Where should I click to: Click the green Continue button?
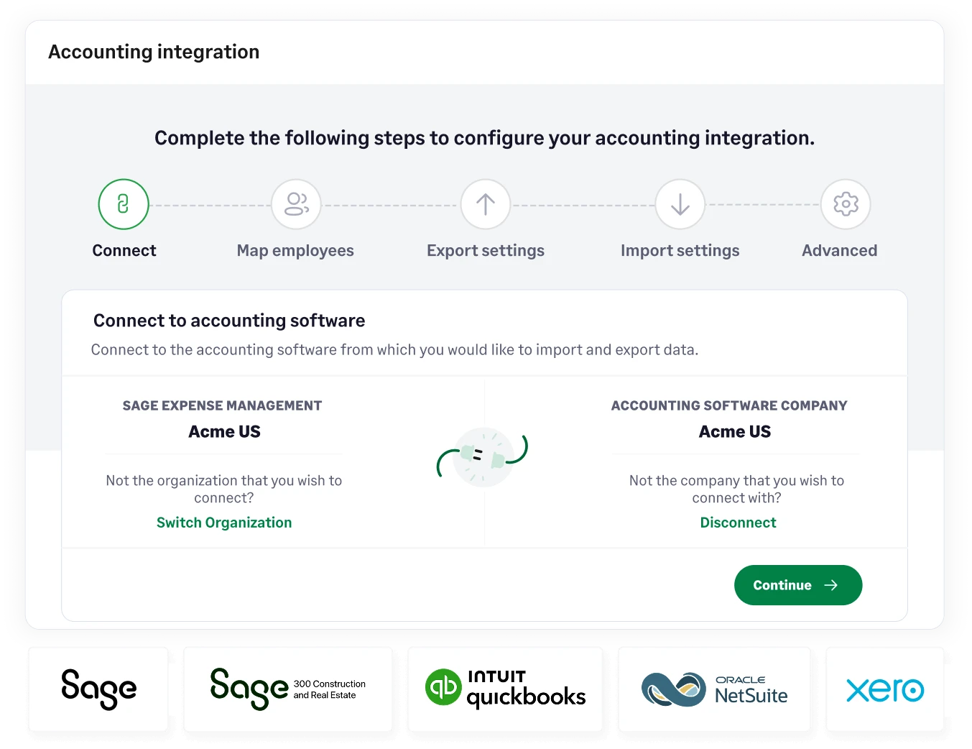[x=797, y=585]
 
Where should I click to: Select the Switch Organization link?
[x=224, y=523]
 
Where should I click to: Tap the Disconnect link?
[x=738, y=523]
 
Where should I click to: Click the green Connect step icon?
[x=124, y=204]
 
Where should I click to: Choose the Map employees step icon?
[x=296, y=204]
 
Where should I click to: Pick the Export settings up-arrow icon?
[x=486, y=204]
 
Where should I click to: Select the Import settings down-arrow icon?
[x=680, y=204]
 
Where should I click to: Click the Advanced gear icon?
[x=846, y=204]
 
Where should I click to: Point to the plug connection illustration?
[x=483, y=456]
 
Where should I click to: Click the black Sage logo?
[x=98, y=689]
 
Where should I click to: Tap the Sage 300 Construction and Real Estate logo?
[x=288, y=689]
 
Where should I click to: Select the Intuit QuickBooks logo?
[x=505, y=689]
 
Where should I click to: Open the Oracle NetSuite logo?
[x=714, y=689]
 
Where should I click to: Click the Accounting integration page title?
[x=154, y=52]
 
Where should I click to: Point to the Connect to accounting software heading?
[x=229, y=321]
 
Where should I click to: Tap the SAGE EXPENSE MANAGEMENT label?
[x=222, y=405]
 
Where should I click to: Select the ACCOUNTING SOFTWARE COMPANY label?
[x=729, y=405]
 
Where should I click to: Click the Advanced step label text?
[x=839, y=250]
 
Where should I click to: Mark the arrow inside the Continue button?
[x=831, y=585]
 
